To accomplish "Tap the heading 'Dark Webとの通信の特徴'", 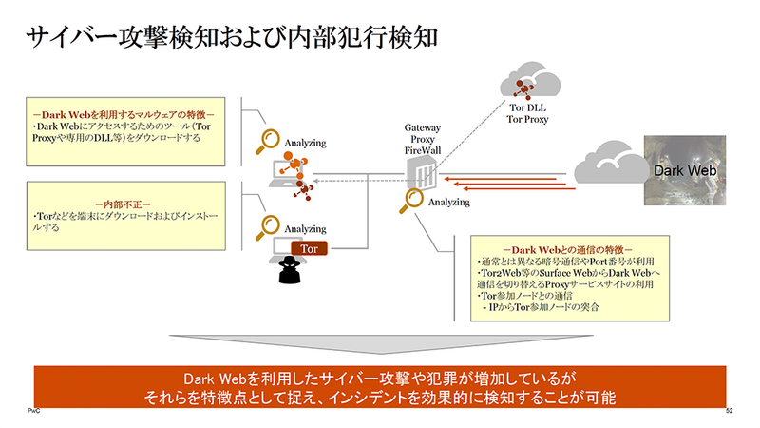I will (x=567, y=249).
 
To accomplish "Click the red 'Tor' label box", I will (x=309, y=249).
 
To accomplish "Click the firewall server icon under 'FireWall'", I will (x=420, y=175).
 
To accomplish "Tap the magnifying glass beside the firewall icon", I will (x=413, y=200).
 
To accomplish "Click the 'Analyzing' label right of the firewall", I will (x=449, y=203).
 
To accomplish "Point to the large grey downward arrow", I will (x=380, y=345).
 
